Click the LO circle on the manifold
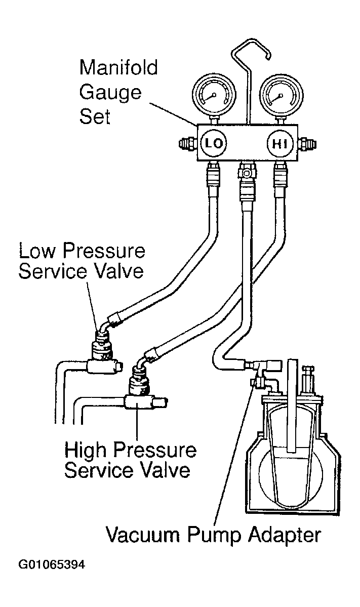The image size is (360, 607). point(213,144)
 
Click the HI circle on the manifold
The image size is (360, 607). point(279,144)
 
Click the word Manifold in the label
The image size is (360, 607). point(118,67)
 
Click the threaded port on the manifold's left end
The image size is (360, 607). point(188,144)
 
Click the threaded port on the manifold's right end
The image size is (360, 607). point(307,144)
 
